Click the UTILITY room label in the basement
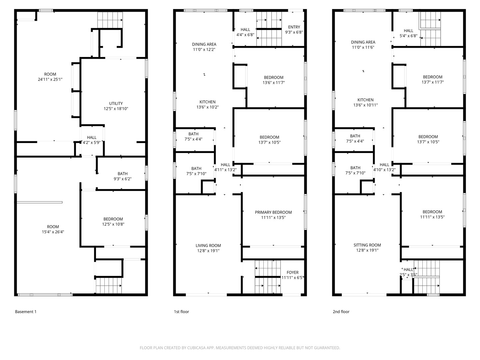116,103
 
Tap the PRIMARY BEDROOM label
273,212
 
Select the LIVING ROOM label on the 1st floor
208,245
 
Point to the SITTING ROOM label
367,245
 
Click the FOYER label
293,272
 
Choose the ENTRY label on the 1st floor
294,27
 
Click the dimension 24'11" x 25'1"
50,79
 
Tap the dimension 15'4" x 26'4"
53,232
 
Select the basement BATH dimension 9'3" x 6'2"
122,179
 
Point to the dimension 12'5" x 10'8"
113,224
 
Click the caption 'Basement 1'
26,311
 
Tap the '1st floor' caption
181,311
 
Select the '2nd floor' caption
341,311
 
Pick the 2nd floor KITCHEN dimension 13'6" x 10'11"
365,105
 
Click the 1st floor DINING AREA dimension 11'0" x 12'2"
204,49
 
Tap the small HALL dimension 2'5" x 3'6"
408,275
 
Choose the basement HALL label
92,137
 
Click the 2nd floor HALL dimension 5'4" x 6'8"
408,36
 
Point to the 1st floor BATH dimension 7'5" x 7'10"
196,174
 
